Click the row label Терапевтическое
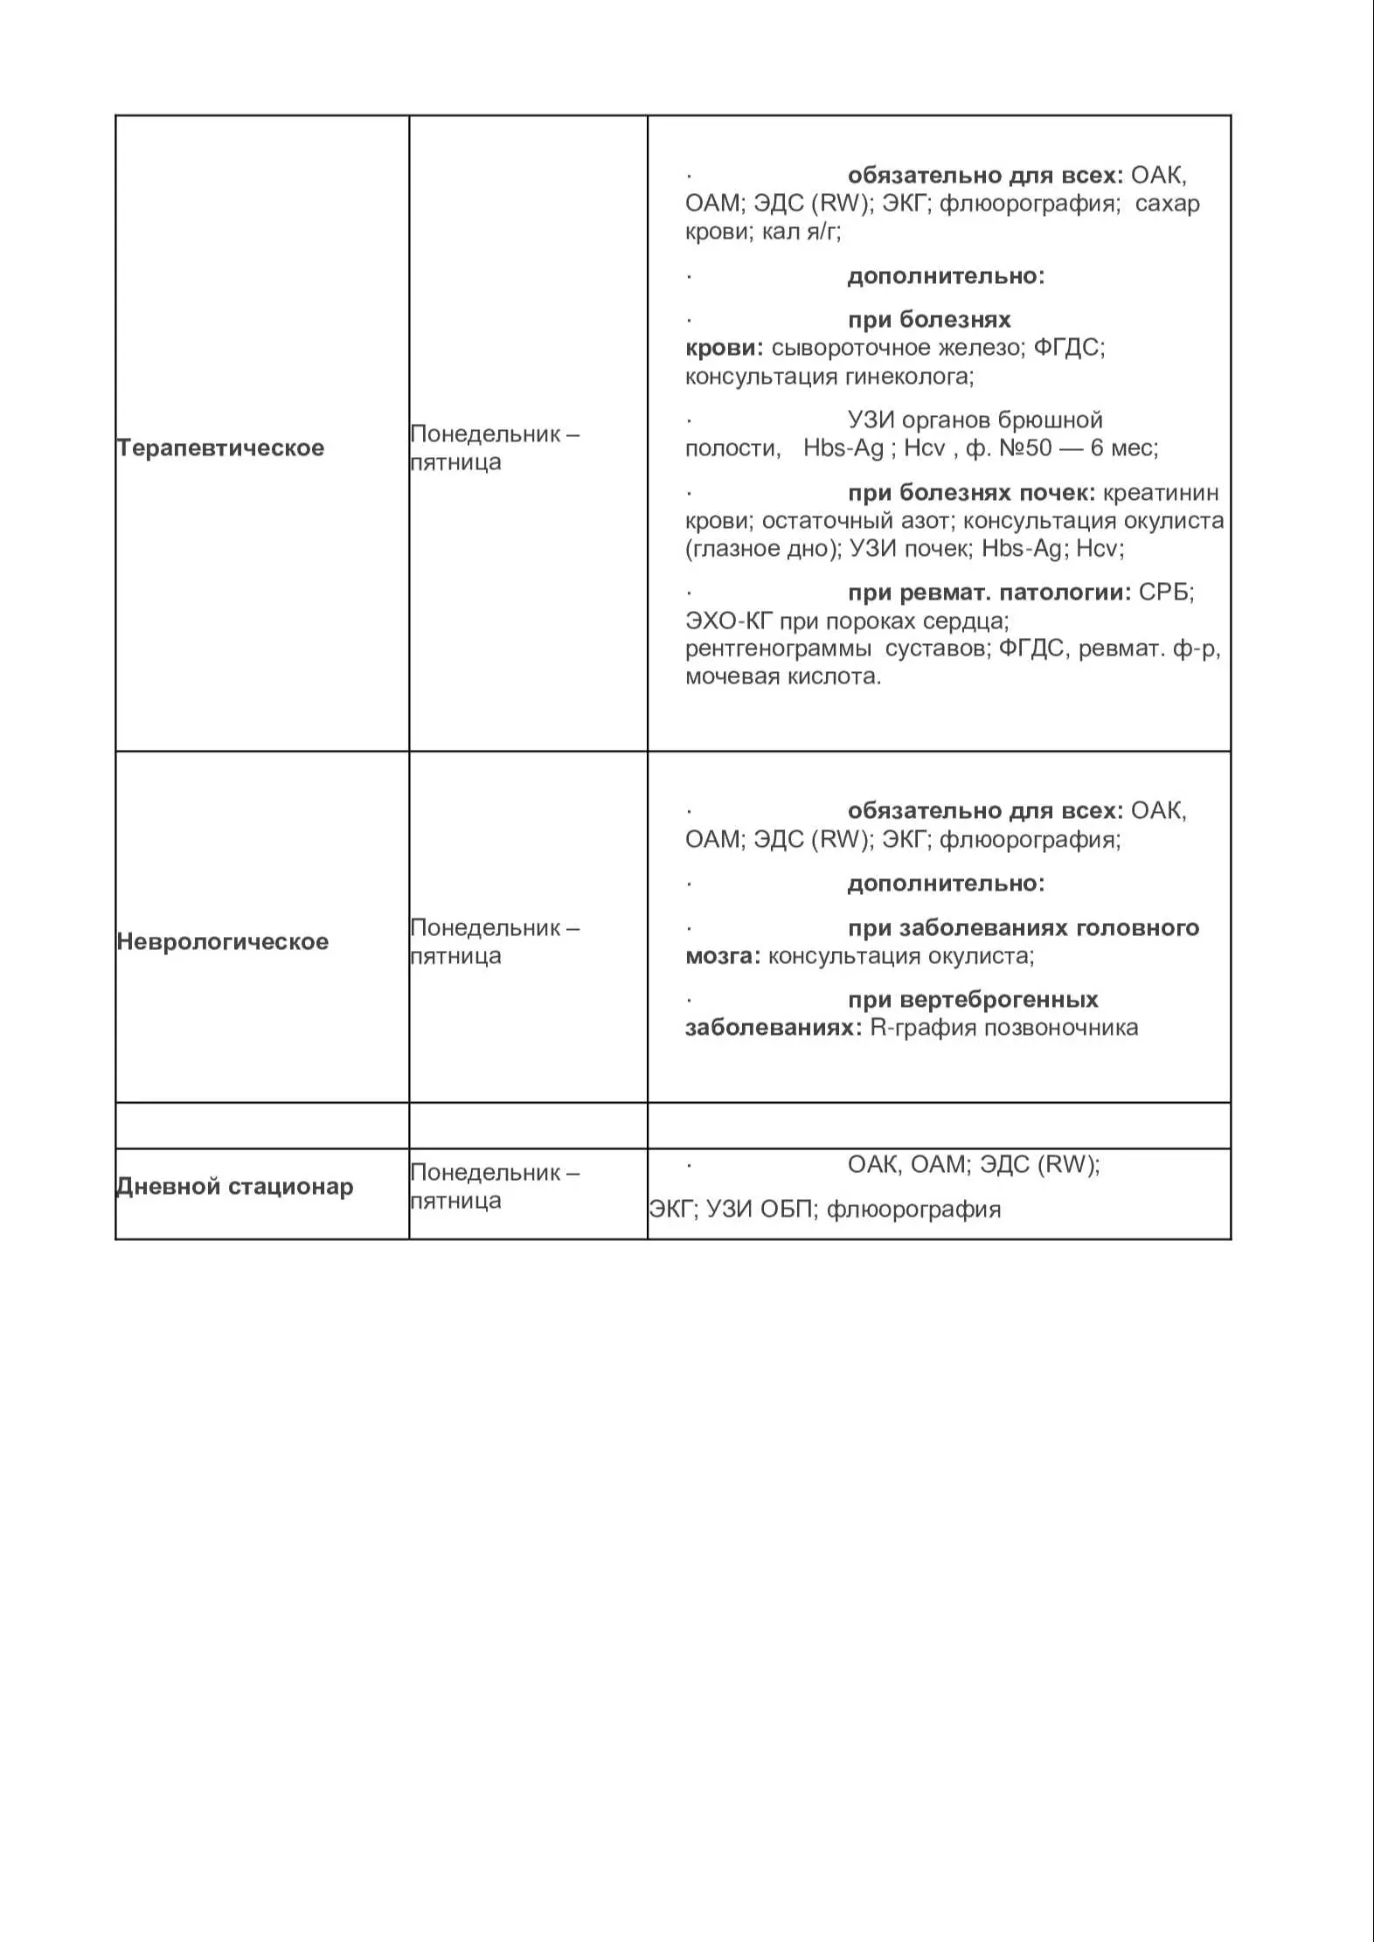click(x=220, y=448)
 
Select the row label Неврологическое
click(x=223, y=941)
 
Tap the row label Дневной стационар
click(x=235, y=1186)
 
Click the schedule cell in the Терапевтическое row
click(x=495, y=447)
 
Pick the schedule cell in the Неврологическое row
click(x=495, y=941)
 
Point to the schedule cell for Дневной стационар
click(x=495, y=1186)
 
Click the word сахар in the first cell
click(x=1167, y=204)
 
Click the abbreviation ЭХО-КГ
click(x=729, y=621)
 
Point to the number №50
click(x=1025, y=448)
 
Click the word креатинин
click(x=1161, y=493)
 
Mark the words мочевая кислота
click(x=782, y=676)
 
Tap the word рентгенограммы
click(x=778, y=648)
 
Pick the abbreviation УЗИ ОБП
click(x=760, y=1210)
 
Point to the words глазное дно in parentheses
click(x=761, y=549)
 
